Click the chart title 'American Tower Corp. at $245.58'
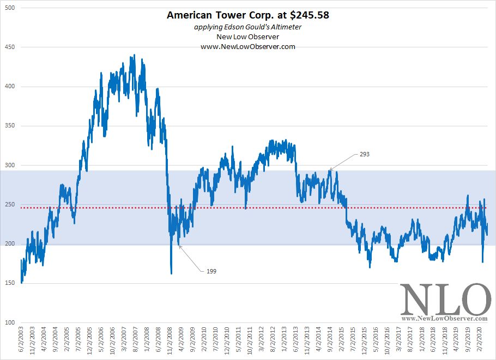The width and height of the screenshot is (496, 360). [248, 15]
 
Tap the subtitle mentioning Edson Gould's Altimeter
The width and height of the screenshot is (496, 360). [248, 27]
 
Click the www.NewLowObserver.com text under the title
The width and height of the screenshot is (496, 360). [248, 46]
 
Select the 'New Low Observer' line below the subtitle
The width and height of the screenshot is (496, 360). [248, 36]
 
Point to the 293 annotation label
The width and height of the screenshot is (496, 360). [365, 155]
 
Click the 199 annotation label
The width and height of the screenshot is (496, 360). [212, 271]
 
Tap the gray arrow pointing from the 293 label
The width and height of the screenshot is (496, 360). [343, 162]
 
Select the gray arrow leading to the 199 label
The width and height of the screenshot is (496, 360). [191, 258]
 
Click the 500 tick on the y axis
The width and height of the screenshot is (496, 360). [10, 8]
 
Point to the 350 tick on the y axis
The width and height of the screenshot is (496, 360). [10, 126]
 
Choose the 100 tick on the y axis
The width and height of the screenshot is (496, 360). [10, 322]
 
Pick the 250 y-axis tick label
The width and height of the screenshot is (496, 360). [10, 205]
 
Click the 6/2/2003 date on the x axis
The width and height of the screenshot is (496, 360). [21, 342]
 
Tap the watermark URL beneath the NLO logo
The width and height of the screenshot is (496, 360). [444, 318]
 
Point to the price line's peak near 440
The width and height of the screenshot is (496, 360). [134, 56]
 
